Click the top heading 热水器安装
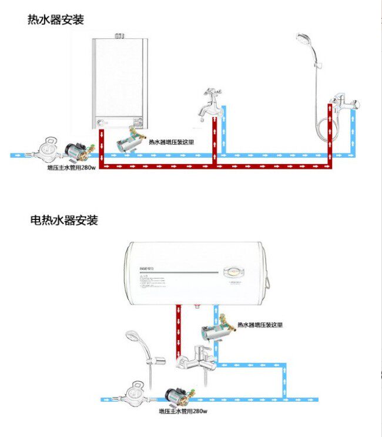(x=56, y=19)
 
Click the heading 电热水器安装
(x=64, y=221)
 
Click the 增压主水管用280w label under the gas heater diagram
(x=72, y=167)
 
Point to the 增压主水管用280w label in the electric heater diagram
(x=183, y=411)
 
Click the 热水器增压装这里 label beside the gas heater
(x=170, y=142)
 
